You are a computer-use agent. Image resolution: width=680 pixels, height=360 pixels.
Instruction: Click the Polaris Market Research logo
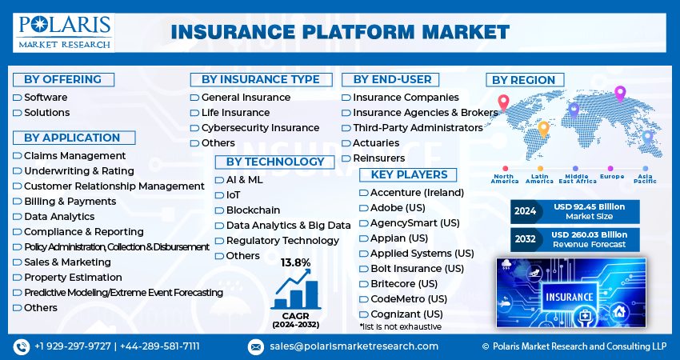[63, 31]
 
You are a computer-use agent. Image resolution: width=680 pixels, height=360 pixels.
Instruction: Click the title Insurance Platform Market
[340, 32]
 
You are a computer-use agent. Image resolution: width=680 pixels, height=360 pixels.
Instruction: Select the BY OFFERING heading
[63, 79]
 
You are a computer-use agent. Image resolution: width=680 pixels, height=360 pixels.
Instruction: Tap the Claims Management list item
[74, 155]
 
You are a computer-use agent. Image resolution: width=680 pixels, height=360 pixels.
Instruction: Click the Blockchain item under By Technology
[253, 210]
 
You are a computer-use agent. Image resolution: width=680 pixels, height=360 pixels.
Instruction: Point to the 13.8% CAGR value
[294, 262]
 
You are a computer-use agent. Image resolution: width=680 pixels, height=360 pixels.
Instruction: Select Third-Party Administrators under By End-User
[418, 128]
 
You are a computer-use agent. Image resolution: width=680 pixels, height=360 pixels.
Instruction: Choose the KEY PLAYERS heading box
[408, 174]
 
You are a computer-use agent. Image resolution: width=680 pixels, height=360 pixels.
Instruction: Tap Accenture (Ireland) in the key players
[417, 193]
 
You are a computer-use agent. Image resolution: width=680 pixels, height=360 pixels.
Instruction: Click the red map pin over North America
[503, 103]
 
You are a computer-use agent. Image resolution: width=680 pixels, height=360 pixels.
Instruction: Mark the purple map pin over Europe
[619, 94]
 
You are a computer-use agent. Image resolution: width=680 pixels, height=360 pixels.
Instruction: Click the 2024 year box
[526, 212]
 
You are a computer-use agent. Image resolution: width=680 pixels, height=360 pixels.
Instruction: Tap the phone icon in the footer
[21, 346]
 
